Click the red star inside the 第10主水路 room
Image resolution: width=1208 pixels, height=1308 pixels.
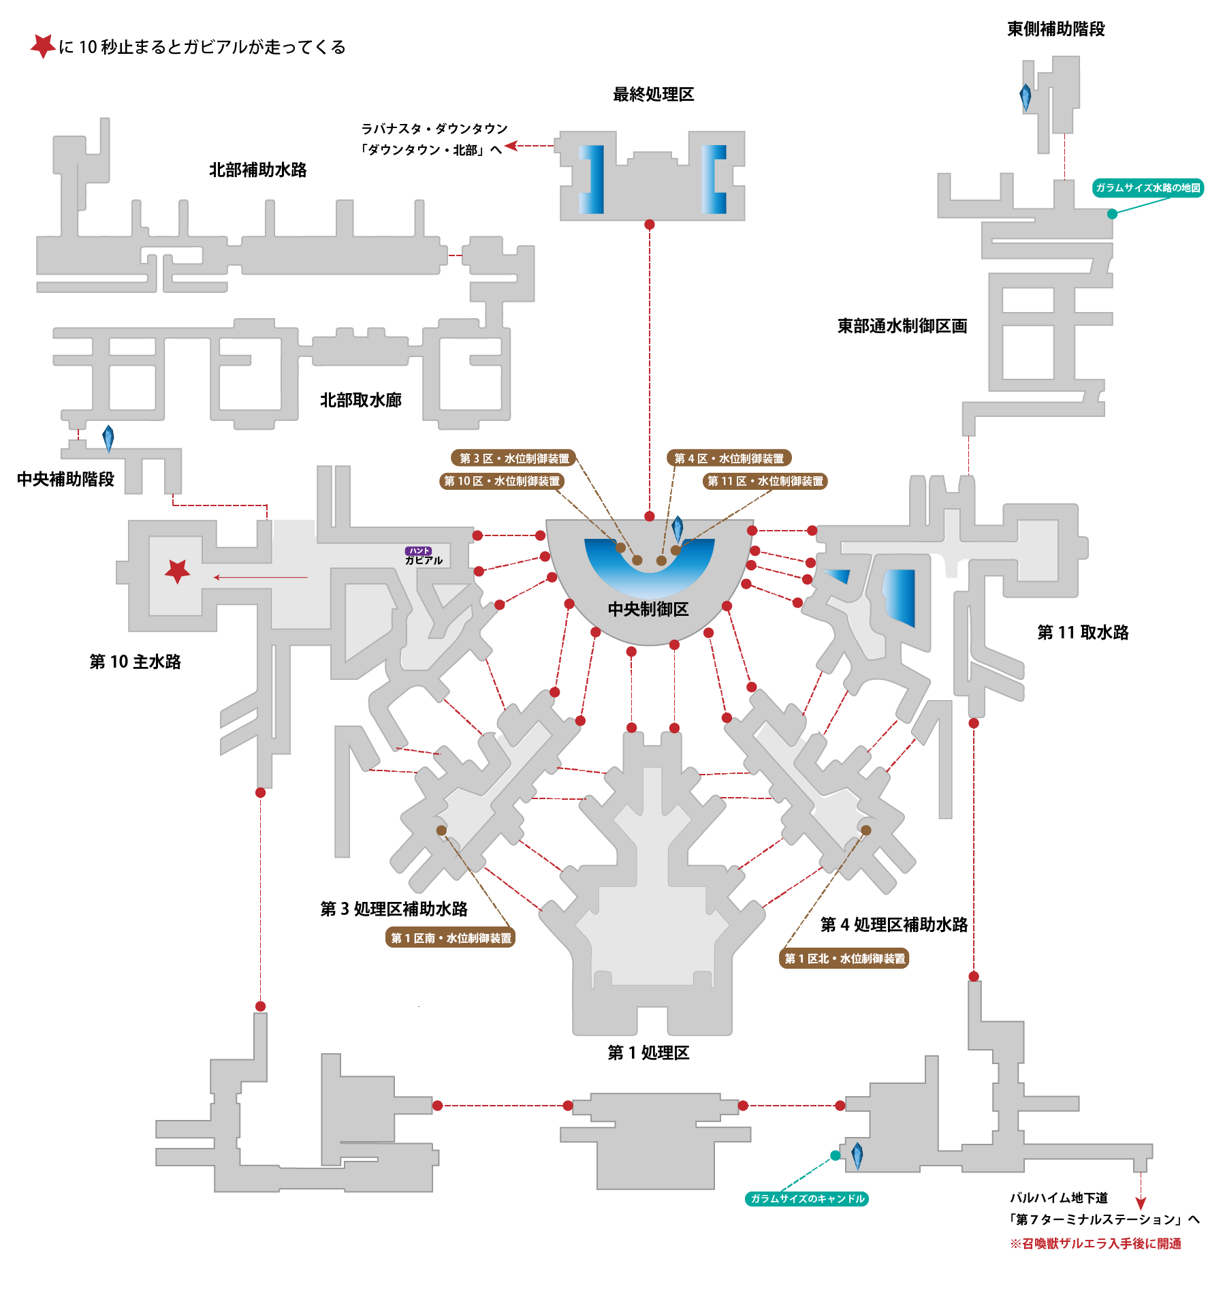click(178, 571)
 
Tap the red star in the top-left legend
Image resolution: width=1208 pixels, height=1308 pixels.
click(43, 46)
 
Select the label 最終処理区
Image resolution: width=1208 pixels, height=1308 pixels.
click(653, 94)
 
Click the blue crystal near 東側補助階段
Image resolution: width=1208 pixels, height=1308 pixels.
click(1026, 97)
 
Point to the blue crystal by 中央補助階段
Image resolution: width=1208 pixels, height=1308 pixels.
click(108, 438)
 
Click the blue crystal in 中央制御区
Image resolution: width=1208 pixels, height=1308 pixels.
click(678, 529)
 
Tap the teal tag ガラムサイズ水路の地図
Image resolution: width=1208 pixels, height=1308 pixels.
click(1148, 187)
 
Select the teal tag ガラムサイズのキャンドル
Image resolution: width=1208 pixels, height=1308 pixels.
click(807, 1198)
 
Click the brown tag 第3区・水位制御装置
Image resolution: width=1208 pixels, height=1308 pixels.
click(513, 458)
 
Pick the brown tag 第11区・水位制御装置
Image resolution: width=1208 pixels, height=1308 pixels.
click(765, 481)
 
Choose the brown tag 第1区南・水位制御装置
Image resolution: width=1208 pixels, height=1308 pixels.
click(451, 938)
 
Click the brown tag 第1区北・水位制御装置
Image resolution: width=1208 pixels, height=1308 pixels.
click(844, 959)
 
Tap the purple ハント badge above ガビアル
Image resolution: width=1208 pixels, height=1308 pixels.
click(418, 550)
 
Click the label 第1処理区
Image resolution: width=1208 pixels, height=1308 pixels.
click(648, 1053)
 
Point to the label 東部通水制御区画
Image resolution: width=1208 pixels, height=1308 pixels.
click(902, 326)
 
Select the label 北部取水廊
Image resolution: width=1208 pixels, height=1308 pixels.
click(361, 400)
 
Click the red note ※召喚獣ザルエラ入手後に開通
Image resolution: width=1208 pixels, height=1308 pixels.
click(1096, 1243)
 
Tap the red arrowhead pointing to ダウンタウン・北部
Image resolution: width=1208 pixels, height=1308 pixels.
click(511, 145)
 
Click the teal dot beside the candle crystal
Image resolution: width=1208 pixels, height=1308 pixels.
click(836, 1155)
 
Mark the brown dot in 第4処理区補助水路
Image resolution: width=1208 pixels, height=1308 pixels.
click(866, 830)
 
